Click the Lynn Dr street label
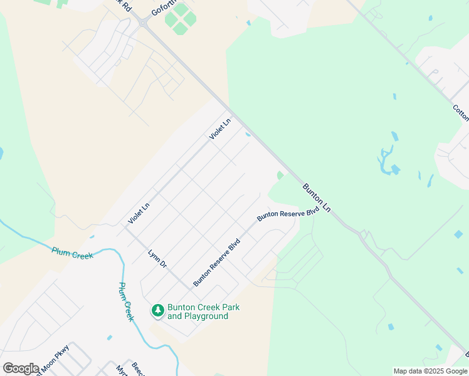(157, 260)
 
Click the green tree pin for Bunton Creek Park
(157, 310)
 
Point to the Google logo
(21, 368)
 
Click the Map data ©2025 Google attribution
(430, 371)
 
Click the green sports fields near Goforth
(181, 19)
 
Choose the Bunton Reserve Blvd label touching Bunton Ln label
(288, 213)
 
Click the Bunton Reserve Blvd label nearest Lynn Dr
(217, 262)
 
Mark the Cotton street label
(461, 113)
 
